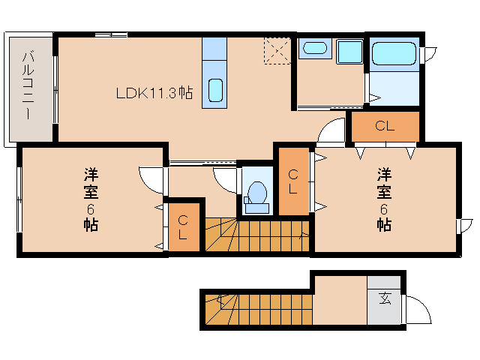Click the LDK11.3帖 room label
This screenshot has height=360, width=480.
point(154,94)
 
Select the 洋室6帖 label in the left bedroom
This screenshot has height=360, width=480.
point(91,199)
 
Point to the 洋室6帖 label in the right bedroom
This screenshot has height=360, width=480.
point(384,199)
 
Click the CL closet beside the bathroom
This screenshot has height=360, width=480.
point(385,126)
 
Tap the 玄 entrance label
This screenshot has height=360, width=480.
point(385,298)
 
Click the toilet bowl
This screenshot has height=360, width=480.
point(257,194)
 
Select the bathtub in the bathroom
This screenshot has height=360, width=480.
point(394,54)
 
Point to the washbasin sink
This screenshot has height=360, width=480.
point(314,50)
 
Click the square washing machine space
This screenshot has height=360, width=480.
point(349,53)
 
